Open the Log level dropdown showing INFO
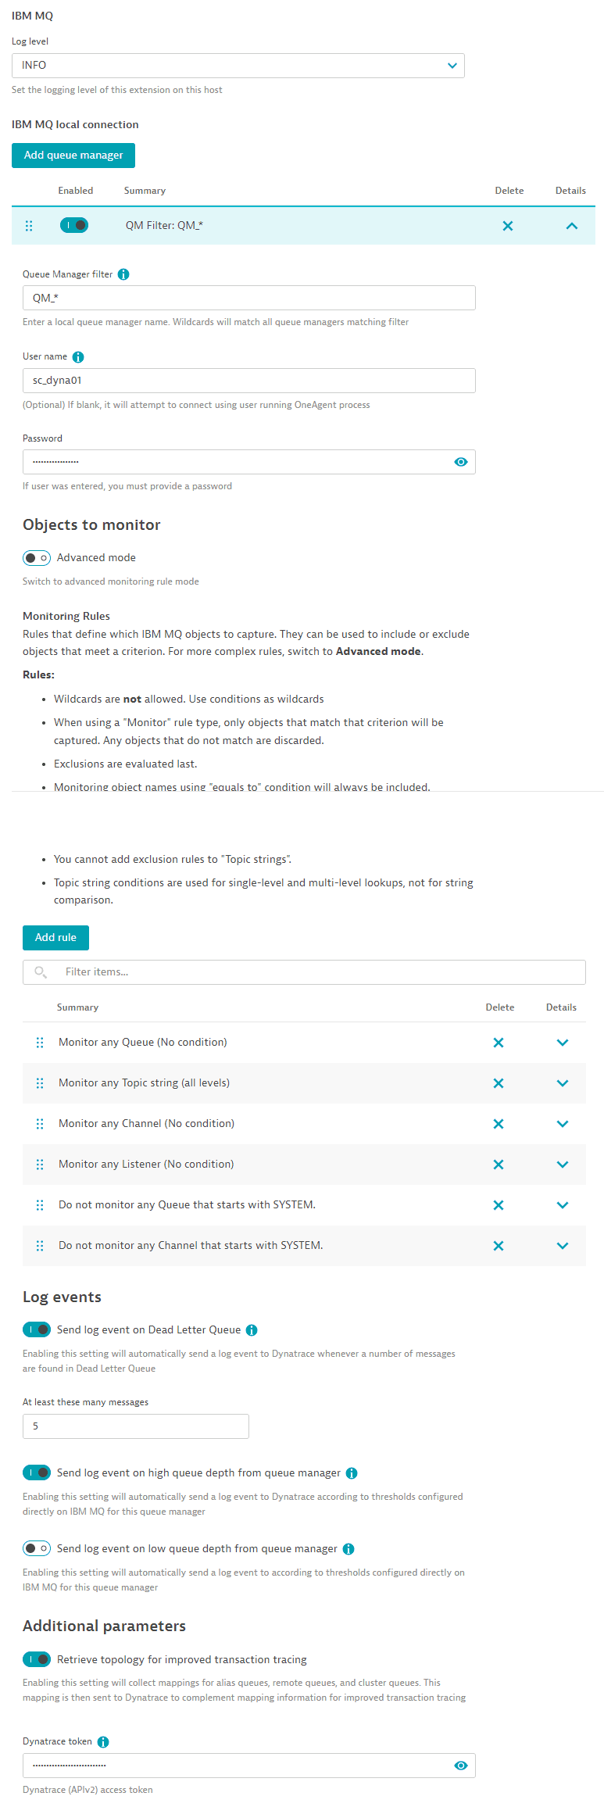point(238,66)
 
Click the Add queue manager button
point(73,156)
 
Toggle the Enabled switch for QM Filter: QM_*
point(74,225)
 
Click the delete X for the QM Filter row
point(508,226)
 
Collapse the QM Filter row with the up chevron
point(572,226)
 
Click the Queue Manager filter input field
point(248,298)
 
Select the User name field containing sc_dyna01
point(248,381)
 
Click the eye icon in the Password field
point(461,462)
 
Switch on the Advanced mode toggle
point(37,558)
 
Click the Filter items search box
point(313,972)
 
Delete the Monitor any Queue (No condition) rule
point(499,1043)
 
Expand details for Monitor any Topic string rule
point(563,1083)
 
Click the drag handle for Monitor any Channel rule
point(40,1124)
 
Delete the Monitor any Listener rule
point(499,1165)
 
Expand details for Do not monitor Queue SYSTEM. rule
point(563,1205)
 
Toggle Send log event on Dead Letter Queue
point(37,1329)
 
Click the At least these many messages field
point(136,1426)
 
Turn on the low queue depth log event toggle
point(37,1548)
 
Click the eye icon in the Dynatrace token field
point(461,1766)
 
